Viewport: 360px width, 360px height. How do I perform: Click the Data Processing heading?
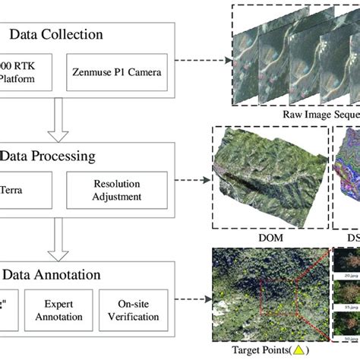tap(68, 156)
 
